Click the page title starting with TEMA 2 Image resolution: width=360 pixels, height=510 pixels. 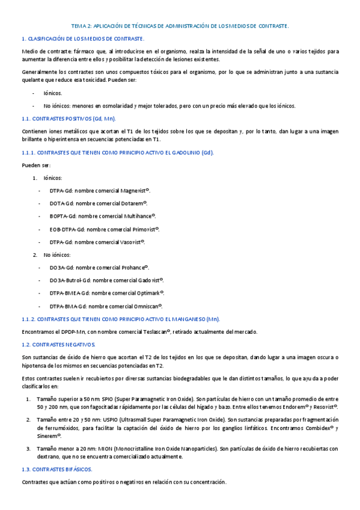[x=180, y=26]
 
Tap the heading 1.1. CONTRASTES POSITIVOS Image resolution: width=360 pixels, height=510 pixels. [x=69, y=118]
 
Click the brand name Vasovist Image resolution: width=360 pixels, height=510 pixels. [x=132, y=242]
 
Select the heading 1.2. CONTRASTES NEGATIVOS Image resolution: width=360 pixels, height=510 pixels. [x=63, y=344]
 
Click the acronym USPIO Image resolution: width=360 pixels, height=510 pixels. [x=98, y=419]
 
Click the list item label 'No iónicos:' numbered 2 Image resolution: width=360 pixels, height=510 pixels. [x=56, y=254]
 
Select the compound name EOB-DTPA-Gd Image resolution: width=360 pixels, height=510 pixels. [x=68, y=229]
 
